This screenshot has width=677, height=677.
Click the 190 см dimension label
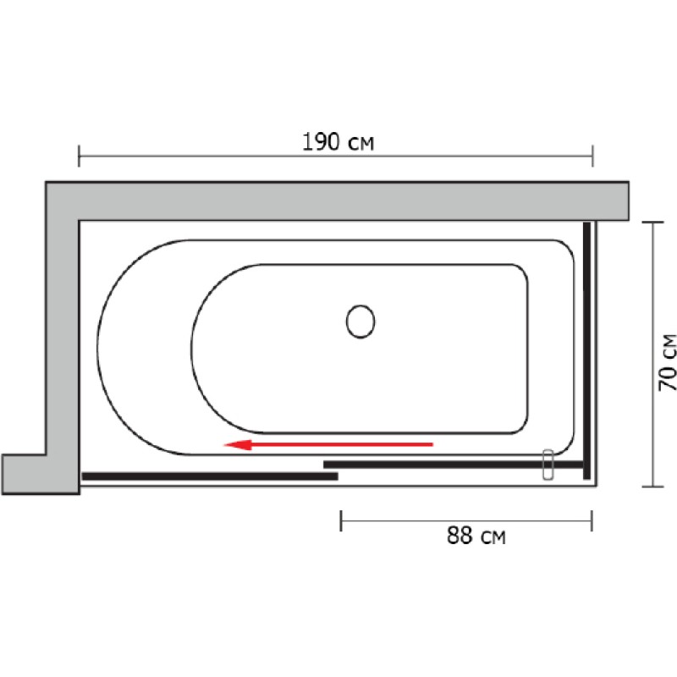click(338, 141)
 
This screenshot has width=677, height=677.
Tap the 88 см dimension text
click(476, 536)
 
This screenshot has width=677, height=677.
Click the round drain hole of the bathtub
click(361, 322)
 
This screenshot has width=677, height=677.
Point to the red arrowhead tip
click(224, 444)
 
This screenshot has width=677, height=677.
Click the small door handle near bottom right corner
click(548, 464)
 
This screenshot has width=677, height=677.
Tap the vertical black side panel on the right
click(586, 350)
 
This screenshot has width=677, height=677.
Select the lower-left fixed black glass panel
click(210, 476)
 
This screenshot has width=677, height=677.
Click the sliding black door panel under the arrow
click(454, 465)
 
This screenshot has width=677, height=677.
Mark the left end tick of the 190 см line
click(79, 157)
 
